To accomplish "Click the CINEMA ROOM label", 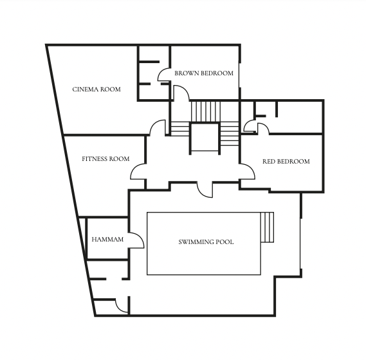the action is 96,90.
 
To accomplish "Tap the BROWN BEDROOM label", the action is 204,73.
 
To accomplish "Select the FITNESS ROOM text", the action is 105,159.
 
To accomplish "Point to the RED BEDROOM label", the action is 286,161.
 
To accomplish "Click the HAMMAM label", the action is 107,240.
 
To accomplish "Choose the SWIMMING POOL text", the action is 206,242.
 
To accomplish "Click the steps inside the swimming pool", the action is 268,227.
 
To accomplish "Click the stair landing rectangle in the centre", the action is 205,137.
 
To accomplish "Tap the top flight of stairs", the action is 206,111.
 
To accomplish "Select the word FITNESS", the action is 95,159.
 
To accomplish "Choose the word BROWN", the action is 187,73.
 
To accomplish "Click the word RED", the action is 268,161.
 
